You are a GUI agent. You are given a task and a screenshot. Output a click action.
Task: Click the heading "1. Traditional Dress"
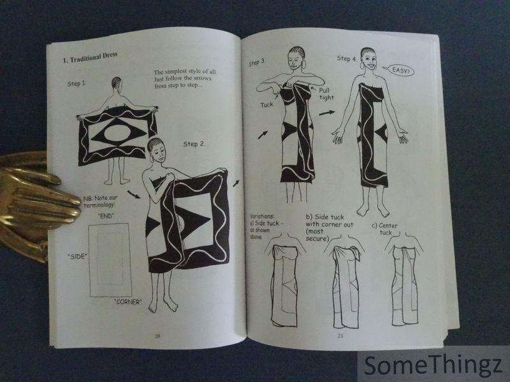90,57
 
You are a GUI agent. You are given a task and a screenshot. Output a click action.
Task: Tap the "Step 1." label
76,83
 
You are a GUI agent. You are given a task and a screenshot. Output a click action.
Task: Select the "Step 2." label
194,144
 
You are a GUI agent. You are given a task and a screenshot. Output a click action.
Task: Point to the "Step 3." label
257,62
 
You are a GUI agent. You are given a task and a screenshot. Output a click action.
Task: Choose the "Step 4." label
347,59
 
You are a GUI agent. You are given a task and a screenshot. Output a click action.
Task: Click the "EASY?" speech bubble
400,70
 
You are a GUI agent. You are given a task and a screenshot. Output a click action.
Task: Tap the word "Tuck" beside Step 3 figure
266,104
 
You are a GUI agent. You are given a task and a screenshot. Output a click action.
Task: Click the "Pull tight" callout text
326,94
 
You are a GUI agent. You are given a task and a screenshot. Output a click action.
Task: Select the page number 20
157,336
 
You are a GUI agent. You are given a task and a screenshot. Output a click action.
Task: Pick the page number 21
340,336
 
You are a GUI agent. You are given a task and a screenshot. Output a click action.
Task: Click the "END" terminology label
106,216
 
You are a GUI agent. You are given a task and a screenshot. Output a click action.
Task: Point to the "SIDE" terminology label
77,257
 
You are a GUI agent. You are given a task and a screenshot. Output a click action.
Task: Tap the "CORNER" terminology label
128,302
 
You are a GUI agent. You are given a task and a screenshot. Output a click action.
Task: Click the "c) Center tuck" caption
385,229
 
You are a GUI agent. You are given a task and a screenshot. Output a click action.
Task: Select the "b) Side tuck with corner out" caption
329,228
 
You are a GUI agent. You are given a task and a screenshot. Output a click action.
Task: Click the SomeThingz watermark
433,365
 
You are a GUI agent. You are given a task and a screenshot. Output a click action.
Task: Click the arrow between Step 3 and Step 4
326,113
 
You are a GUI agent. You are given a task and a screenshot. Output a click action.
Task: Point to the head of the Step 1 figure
116,83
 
